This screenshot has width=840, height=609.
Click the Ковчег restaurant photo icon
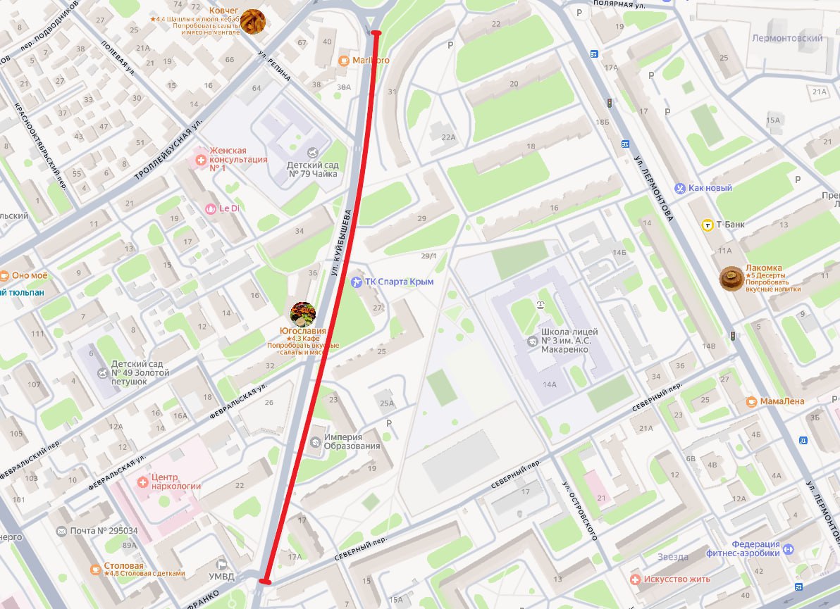point(253,22)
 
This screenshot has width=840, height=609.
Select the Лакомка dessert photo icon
point(731,279)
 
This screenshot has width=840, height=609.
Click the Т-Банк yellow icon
point(707,225)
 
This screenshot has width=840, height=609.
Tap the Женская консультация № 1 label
point(237,159)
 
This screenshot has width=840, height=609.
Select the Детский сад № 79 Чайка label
point(312,170)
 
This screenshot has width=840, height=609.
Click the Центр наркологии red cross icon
point(143,482)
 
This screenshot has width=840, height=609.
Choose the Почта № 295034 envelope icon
point(61,530)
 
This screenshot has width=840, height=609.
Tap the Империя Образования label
point(352,441)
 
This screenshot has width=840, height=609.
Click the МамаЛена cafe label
point(782,401)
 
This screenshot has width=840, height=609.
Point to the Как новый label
point(710,188)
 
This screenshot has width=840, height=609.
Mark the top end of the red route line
point(376,33)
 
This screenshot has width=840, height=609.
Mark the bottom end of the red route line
point(264,582)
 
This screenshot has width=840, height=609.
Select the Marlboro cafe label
point(371,61)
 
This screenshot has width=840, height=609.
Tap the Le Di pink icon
point(210,208)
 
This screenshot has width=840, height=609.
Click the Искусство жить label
point(679,579)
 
